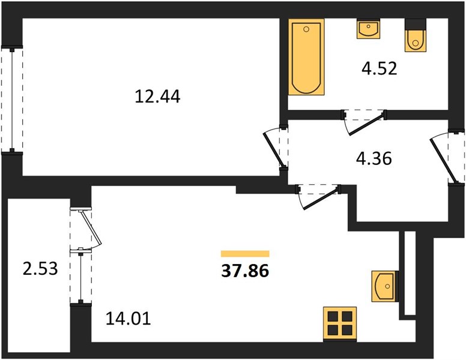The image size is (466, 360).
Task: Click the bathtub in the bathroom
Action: click(306, 57)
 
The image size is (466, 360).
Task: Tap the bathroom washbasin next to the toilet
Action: click(368, 29)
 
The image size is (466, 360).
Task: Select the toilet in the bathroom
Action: click(416, 35)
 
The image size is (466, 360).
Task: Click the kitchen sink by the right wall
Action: click(385, 286)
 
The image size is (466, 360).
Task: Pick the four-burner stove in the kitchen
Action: click(340, 324)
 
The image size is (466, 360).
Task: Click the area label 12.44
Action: click(157, 97)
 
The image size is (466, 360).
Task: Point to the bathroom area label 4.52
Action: click(379, 68)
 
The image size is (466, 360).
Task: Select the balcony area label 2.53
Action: click(40, 269)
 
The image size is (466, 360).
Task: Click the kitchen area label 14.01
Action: click(129, 319)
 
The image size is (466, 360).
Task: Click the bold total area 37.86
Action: click(245, 271)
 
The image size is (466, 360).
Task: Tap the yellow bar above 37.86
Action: click(245, 254)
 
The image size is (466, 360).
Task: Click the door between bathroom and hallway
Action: click(364, 122)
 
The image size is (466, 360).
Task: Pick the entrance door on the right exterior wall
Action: click(446, 157)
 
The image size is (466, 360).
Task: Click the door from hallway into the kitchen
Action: click(318, 196)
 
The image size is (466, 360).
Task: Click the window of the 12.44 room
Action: click(12, 100)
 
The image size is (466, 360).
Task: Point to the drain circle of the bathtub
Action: click(306, 29)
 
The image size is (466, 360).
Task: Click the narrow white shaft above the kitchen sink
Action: click(410, 272)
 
